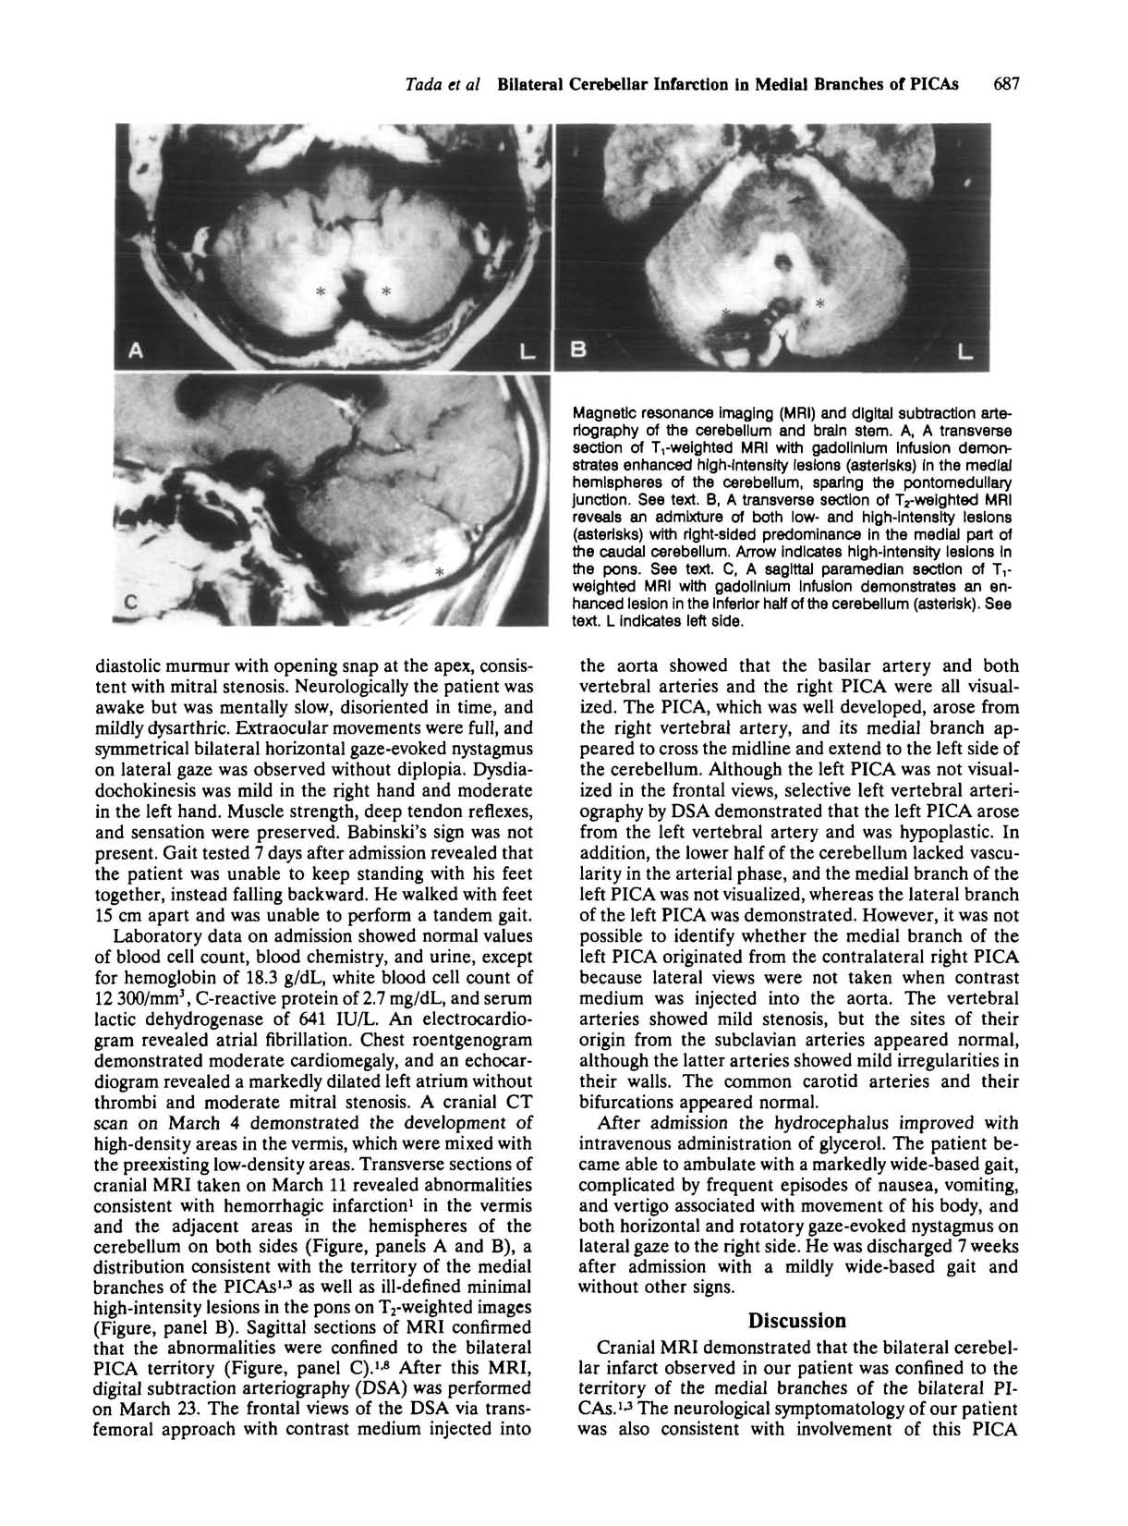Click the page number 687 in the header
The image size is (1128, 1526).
click(1003, 85)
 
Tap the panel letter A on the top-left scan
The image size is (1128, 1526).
click(137, 350)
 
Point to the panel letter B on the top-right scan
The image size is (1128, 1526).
click(580, 350)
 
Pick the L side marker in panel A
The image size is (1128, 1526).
click(528, 351)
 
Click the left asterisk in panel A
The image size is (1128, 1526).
click(321, 292)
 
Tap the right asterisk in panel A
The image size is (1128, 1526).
click(386, 292)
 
